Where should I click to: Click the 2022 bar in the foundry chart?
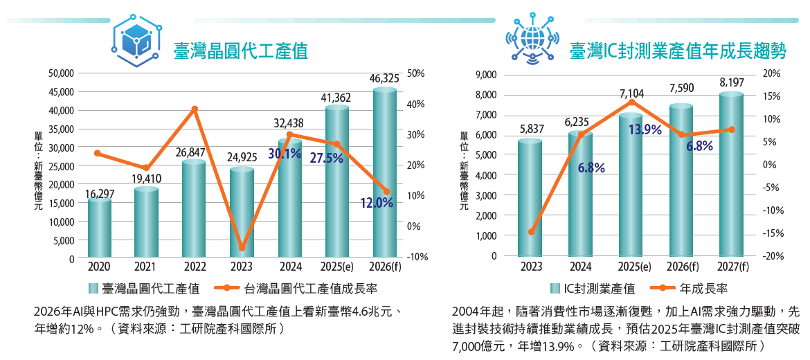pos(194,211)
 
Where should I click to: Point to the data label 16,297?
pos(100,193)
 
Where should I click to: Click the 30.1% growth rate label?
pos(285,154)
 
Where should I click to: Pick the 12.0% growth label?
pos(377,203)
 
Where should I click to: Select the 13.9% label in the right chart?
pos(645,129)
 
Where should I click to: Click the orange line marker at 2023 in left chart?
pos(242,247)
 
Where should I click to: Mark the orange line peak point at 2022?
pos(195,109)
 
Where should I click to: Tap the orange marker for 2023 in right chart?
pos(532,232)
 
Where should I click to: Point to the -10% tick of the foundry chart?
pos(418,257)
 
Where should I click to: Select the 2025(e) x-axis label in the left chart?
pos(336,267)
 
